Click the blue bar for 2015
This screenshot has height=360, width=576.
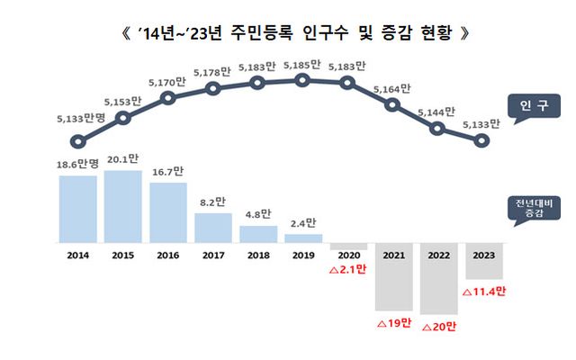(x=122, y=206)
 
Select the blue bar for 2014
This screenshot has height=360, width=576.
(x=77, y=209)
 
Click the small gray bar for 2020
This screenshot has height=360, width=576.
(x=348, y=247)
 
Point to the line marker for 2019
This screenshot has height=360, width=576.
(x=303, y=80)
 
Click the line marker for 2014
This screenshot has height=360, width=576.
(x=78, y=140)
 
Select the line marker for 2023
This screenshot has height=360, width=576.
(x=482, y=140)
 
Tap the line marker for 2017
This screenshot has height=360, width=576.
(x=213, y=88)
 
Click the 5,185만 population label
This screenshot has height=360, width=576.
(x=303, y=64)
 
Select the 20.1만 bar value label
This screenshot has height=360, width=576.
(x=122, y=159)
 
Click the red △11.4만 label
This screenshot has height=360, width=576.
(x=484, y=291)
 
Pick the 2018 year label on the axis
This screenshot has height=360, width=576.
(x=258, y=255)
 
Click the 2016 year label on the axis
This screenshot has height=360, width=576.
(x=168, y=255)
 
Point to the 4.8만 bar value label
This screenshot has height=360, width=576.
(x=258, y=215)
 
